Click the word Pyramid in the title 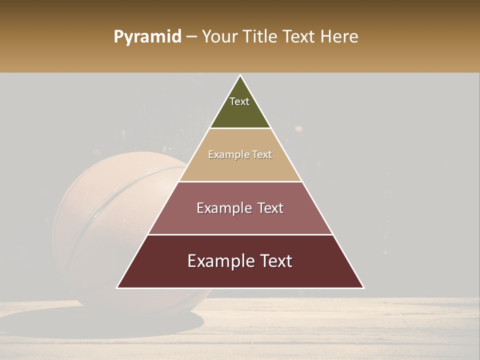[147, 37]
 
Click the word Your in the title [219, 36]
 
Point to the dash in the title [191, 37]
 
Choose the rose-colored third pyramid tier [240, 220]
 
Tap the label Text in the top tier [239, 101]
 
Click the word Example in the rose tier [222, 208]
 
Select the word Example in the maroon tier [218, 261]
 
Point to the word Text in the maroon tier [276, 261]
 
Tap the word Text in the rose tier [269, 208]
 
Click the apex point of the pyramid [240, 75]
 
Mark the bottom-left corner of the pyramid [117, 287]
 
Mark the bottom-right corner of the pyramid [363, 287]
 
